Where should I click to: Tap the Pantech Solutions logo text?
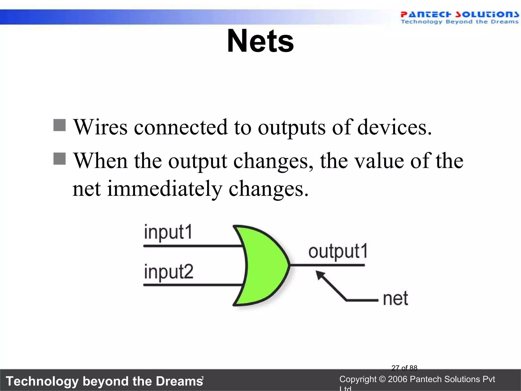(x=459, y=15)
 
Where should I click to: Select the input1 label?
(x=168, y=232)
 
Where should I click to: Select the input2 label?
(x=169, y=272)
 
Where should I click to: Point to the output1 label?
(x=338, y=252)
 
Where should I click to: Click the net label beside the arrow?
(x=396, y=298)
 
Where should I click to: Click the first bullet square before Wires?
(x=60, y=125)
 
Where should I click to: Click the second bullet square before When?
(x=60, y=159)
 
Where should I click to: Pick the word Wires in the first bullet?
(x=100, y=127)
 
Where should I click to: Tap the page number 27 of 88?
(x=404, y=368)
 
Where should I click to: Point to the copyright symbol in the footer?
(x=382, y=379)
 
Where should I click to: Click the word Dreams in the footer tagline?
(x=179, y=381)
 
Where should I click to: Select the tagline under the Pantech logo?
(x=459, y=22)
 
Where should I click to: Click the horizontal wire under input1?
(x=193, y=246)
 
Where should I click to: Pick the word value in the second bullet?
(x=379, y=161)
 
